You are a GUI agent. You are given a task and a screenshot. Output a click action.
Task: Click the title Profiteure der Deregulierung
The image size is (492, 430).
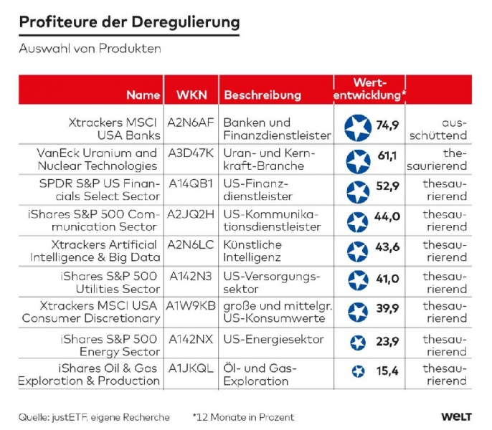tap(129, 23)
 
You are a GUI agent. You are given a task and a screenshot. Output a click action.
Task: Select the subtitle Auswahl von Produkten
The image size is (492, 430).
tap(90, 49)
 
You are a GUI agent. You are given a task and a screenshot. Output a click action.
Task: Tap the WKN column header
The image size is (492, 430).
tap(191, 95)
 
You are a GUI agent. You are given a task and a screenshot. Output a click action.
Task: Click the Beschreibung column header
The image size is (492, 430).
tap(262, 95)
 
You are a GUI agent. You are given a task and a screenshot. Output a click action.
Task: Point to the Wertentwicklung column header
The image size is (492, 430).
tap(369, 89)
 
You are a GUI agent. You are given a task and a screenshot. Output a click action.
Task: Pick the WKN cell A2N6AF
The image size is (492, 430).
tap(191, 123)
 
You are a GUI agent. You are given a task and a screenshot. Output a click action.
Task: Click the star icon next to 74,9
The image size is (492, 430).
tap(358, 128)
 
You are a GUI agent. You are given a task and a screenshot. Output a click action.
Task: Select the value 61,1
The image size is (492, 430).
tap(387, 156)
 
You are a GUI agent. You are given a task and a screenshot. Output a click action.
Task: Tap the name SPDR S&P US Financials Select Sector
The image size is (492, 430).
tap(100, 190)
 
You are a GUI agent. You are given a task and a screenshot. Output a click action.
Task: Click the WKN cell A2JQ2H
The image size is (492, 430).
tap(191, 214)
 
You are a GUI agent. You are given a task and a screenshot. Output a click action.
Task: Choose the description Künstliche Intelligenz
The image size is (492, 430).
tap(252, 251)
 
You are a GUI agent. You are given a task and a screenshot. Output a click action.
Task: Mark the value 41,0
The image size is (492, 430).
tap(387, 279)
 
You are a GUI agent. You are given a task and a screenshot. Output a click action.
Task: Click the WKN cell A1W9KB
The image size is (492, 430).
tap(191, 305)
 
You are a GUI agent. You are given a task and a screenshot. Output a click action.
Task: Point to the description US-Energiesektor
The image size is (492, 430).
tap(273, 340)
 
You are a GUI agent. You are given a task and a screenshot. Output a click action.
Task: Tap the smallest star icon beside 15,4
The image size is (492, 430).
tap(358, 371)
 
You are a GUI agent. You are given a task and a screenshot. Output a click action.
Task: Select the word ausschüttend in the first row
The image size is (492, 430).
tap(438, 129)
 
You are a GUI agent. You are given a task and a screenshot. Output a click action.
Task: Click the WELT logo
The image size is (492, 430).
tap(457, 416)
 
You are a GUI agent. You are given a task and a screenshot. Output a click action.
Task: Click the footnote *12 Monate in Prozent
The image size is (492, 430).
tap(243, 417)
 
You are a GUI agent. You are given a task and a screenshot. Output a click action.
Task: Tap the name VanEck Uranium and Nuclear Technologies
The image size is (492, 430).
tap(97, 159)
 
